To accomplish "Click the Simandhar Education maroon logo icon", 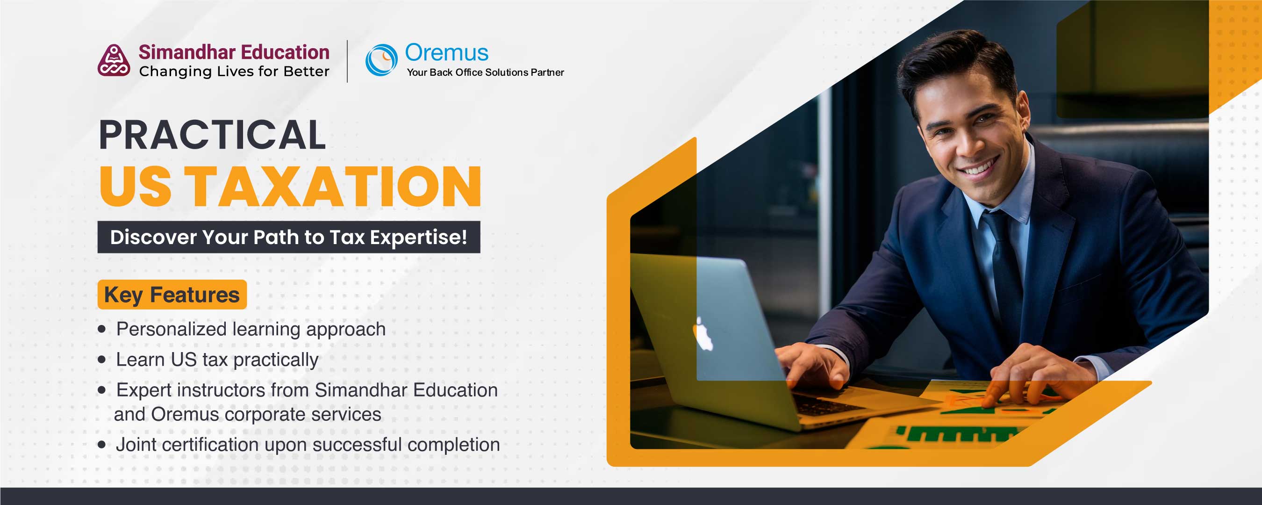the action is click(x=114, y=60).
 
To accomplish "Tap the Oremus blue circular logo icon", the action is click(x=381, y=60).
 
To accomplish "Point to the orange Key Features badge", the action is click(x=172, y=294).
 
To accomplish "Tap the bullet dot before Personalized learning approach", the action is click(x=102, y=329).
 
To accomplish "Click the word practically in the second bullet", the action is click(x=276, y=361).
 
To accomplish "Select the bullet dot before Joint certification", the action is click(x=102, y=445).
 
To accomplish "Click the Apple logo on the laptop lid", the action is click(x=703, y=333).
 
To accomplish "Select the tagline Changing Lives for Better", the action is click(x=234, y=72).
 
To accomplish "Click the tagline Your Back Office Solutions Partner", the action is click(x=485, y=72).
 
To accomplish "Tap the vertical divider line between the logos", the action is click(x=347, y=61).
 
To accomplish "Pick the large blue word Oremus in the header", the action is click(x=446, y=52).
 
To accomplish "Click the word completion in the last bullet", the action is click(x=454, y=445).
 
